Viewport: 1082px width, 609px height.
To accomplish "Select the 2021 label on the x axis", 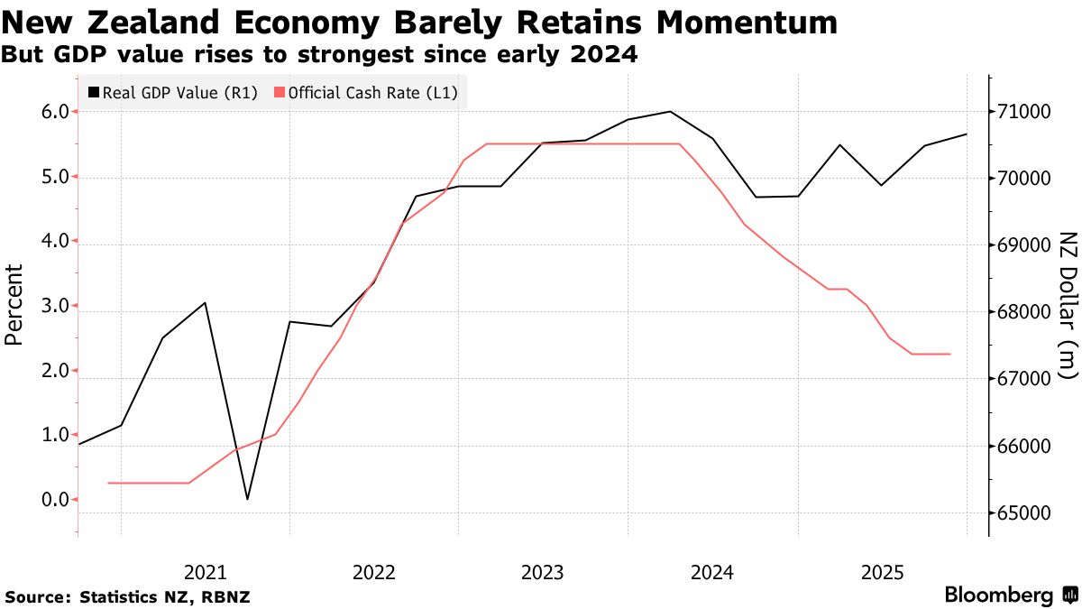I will tap(205, 572).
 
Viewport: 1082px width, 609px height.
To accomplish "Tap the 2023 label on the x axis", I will tap(544, 572).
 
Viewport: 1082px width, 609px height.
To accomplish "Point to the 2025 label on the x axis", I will tap(883, 572).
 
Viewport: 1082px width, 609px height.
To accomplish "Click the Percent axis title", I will tap(14, 305).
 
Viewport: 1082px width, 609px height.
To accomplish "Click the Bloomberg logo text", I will tap(999, 595).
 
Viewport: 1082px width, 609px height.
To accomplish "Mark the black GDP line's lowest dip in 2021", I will tap(247, 499).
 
